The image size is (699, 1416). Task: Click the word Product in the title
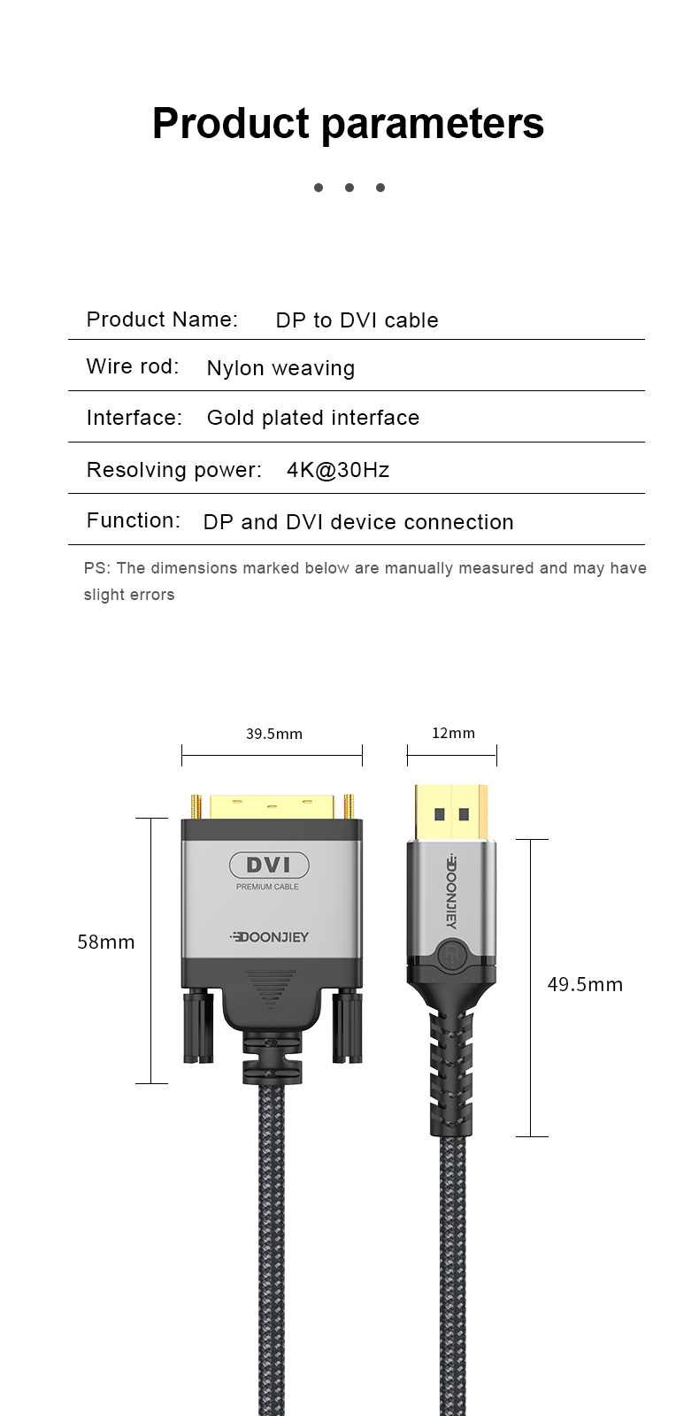pos(231,123)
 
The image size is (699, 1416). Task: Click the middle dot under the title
pos(349,188)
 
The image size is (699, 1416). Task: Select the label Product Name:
pos(162,319)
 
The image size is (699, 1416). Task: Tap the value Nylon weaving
pos(280,368)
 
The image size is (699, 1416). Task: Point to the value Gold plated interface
pos(313,418)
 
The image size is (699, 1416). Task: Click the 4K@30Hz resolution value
pos(338,470)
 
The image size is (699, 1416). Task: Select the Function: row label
pos(133,520)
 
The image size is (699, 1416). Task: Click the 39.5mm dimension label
pos(274,734)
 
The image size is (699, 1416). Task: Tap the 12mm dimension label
pos(453,733)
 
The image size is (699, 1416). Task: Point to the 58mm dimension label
pos(106,942)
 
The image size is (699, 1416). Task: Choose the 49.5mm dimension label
pos(585,984)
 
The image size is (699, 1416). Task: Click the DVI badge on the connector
pos(269,865)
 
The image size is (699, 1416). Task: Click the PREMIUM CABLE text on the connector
pos(267,887)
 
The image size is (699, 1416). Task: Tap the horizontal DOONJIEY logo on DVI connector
pos(270,937)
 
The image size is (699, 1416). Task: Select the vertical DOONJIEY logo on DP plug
pos(451,890)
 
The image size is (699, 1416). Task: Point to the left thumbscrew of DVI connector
pos(197,1027)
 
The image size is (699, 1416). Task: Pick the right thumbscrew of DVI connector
pos(347,1027)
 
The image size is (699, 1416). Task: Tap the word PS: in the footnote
pos(96,568)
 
